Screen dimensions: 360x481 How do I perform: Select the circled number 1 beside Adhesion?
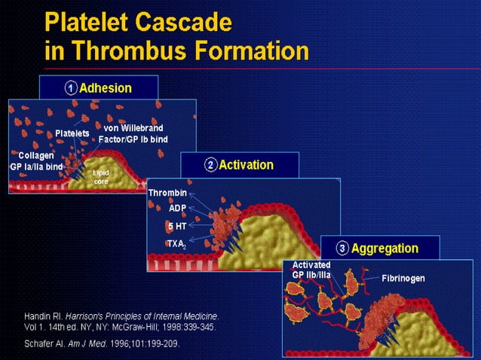point(69,88)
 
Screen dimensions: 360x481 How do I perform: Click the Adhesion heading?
point(106,88)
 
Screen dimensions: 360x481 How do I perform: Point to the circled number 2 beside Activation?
point(210,165)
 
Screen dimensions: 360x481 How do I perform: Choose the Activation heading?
point(246,165)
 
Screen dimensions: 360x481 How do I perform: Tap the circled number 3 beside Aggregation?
point(343,248)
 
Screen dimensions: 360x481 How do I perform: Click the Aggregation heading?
point(384,248)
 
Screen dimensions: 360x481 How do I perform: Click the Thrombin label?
point(167,193)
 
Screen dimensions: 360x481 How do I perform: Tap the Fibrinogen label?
point(403,279)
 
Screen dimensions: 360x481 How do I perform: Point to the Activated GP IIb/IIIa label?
point(311,270)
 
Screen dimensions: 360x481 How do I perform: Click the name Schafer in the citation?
point(41,343)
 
